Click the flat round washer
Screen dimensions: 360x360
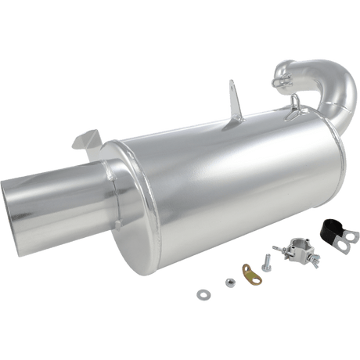tap(203, 295)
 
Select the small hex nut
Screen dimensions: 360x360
tap(230, 282)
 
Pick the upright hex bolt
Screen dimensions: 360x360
tap(266, 263)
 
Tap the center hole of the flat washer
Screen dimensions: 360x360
tap(203, 295)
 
